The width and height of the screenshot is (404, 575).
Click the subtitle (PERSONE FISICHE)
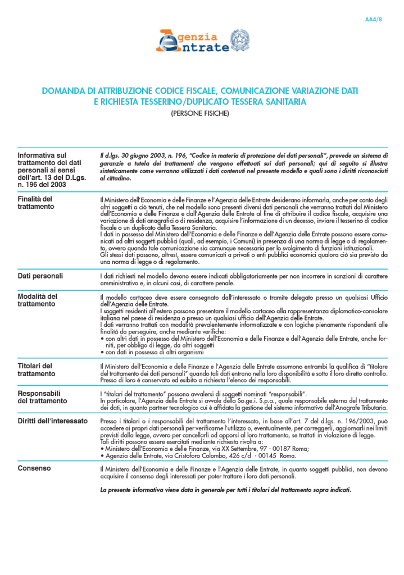pyautogui.click(x=201, y=113)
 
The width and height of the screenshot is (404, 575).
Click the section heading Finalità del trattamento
pyautogui.click(x=35, y=203)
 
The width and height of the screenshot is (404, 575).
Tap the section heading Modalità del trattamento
pyautogui.click(x=38, y=300)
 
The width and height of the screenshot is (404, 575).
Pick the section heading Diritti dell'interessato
pyautogui.click(x=52, y=421)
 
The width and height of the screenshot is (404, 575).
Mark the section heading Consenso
pyautogui.click(x=34, y=468)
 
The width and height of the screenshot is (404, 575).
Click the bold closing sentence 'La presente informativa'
pyautogui.click(x=225, y=490)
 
